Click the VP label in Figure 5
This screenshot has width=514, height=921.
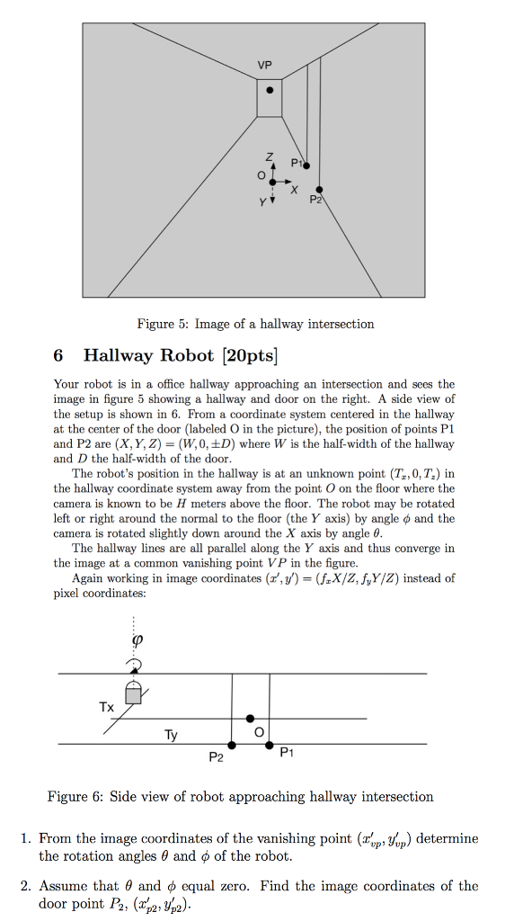(263, 65)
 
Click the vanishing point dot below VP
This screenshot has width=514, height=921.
(270, 90)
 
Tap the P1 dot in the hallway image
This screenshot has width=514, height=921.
(306, 165)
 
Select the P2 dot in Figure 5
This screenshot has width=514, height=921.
(319, 190)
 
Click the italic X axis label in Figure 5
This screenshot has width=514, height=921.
(293, 189)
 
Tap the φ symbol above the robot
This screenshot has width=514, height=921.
(137, 641)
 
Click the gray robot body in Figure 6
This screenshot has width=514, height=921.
(134, 694)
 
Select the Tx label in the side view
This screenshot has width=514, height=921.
(106, 707)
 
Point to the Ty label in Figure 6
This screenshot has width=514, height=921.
(171, 735)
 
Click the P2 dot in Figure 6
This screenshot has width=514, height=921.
(232, 745)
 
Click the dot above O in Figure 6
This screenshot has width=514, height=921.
(251, 719)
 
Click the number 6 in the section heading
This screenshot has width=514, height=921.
(59, 355)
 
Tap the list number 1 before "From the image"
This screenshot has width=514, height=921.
(26, 839)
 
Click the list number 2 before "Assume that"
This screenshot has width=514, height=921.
(26, 886)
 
